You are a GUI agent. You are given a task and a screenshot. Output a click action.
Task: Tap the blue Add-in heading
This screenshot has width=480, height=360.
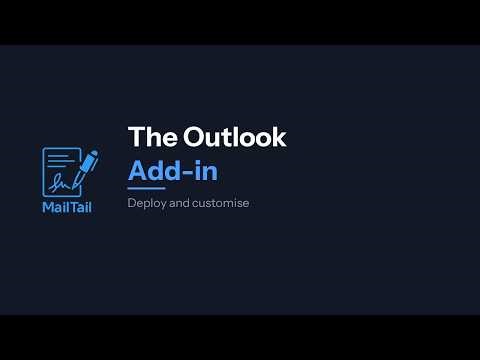coord(173,170)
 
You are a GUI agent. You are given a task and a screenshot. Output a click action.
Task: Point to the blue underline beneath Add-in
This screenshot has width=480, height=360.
coord(146,188)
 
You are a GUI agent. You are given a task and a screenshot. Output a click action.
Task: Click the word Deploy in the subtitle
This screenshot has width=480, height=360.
coord(146,203)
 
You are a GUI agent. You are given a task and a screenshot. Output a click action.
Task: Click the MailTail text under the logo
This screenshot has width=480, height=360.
coord(67,208)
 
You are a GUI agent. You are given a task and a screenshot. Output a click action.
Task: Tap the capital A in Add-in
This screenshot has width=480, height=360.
coord(139,170)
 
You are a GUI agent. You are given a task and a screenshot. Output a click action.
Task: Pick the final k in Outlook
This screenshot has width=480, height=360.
coord(280,139)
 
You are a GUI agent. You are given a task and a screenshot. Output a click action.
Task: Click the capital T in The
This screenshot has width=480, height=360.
coord(134,139)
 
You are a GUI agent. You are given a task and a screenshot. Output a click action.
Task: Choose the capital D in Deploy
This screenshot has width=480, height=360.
coord(131,203)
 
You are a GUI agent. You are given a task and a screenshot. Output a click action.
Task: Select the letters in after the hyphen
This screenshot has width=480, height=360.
coord(207,170)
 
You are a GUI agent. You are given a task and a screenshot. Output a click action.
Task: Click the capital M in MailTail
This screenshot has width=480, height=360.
coord(48,208)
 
